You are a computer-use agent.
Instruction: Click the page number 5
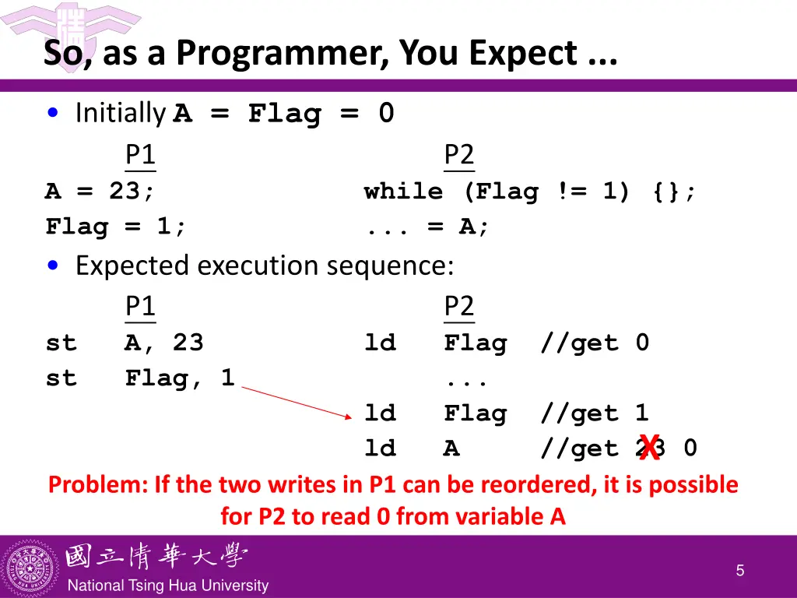(x=740, y=571)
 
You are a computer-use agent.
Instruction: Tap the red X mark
(x=650, y=447)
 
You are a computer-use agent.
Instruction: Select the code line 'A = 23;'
(x=100, y=192)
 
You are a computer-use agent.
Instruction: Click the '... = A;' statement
(x=427, y=227)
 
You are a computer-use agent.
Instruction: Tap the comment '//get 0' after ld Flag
(x=595, y=343)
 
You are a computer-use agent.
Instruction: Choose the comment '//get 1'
(x=595, y=413)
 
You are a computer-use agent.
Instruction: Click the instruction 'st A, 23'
(x=125, y=343)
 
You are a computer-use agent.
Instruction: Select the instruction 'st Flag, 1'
(x=141, y=378)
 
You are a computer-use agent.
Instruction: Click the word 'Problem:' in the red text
(x=97, y=485)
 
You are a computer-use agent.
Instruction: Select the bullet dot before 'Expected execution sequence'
(x=52, y=266)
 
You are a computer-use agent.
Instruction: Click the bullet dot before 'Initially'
(x=52, y=114)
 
